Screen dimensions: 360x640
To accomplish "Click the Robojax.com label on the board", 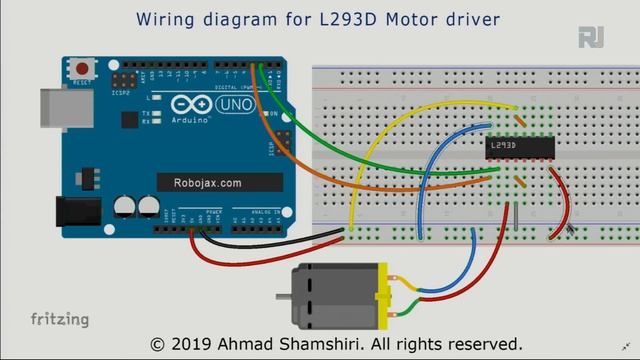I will (x=205, y=183).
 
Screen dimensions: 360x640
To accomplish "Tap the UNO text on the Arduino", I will (x=237, y=105).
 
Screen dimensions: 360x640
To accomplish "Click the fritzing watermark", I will (x=59, y=320).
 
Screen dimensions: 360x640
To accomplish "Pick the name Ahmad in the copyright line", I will (x=265, y=342).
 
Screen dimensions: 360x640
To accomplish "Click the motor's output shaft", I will (x=283, y=296).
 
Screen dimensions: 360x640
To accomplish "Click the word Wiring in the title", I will (x=170, y=19).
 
